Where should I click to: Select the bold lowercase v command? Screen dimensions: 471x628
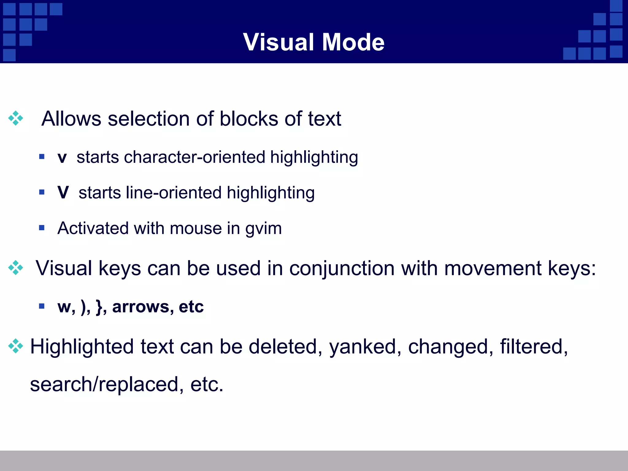click(62, 158)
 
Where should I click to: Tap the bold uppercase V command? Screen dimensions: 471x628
click(63, 193)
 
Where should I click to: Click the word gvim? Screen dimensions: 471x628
click(263, 229)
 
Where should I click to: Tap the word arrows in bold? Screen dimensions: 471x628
click(141, 307)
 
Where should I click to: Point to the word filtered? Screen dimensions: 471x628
click(534, 347)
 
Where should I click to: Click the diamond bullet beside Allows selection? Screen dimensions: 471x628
click(16, 118)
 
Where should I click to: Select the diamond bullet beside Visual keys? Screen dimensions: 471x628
click(16, 268)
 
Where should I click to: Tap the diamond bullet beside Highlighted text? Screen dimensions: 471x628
click(16, 346)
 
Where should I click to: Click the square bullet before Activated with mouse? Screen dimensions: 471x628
click(42, 228)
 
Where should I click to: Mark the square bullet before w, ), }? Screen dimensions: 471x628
click(42, 306)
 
